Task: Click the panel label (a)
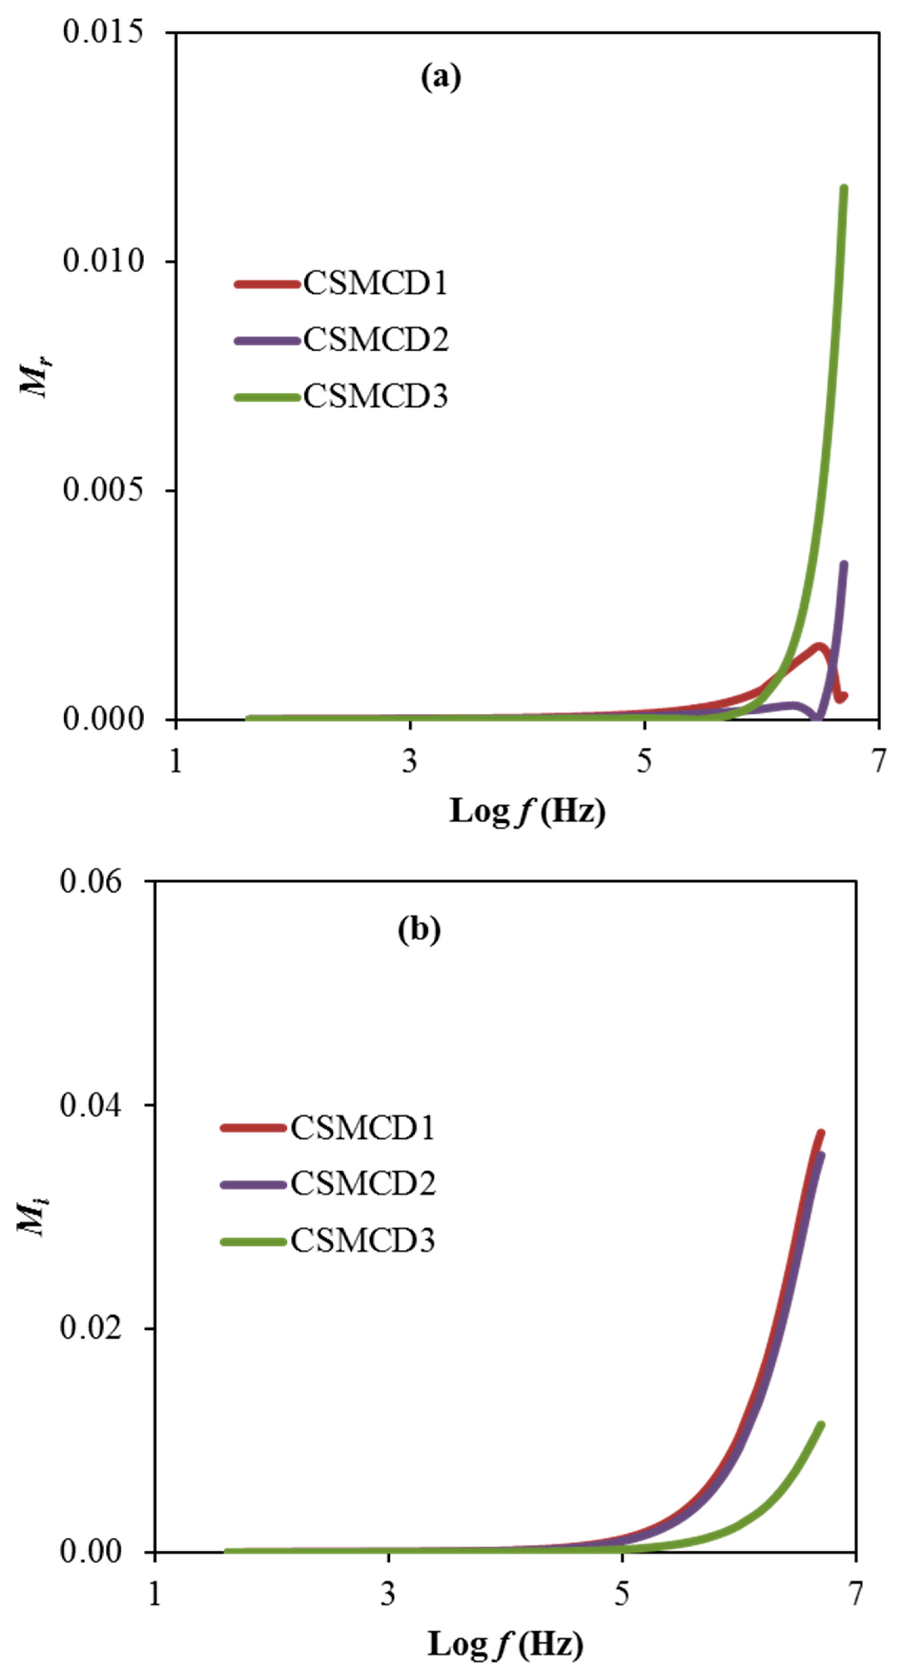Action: (441, 77)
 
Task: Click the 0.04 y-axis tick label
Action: (91, 1105)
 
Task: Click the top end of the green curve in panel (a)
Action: (843, 189)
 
